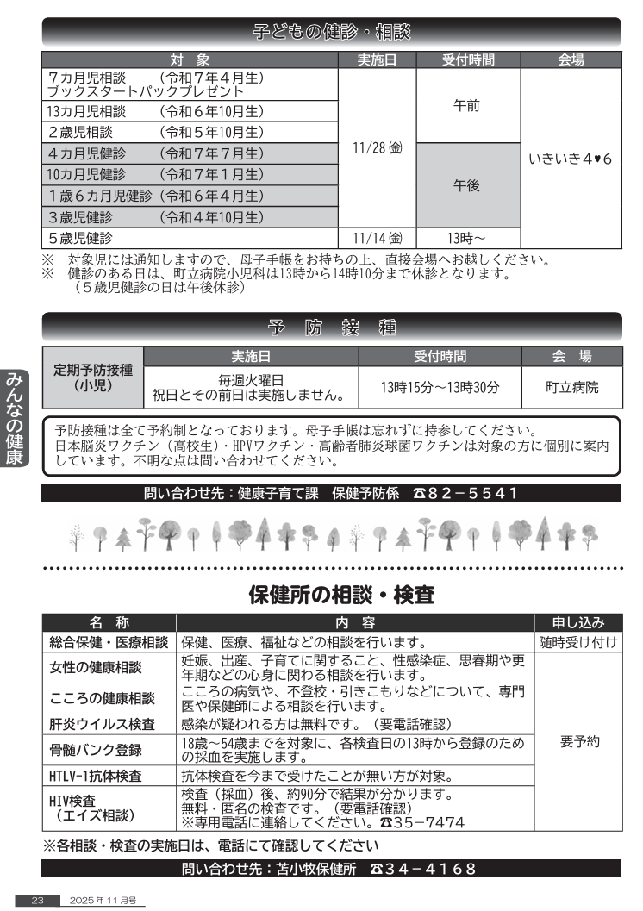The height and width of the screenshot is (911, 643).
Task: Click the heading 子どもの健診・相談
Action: pos(332,33)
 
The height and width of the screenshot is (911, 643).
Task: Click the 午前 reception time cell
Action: pos(469,105)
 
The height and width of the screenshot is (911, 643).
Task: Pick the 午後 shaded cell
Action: pos(469,185)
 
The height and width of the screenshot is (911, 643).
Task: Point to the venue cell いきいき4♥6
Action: pos(570,159)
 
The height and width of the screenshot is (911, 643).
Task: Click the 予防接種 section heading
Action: pos(332,328)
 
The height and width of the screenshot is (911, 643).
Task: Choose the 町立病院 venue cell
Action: pos(571,387)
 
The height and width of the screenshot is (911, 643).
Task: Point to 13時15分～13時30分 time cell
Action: pos(440,387)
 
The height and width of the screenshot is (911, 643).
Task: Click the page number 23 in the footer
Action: pos(38,900)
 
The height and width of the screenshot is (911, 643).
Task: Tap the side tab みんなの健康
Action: pos(15,419)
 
